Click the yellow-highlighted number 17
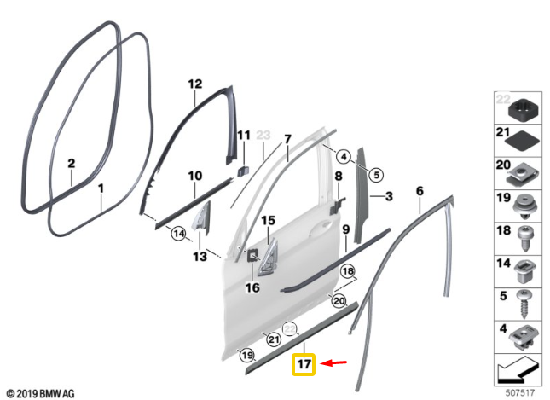pos(304,364)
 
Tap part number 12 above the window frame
pos(194,84)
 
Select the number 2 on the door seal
pos(72,162)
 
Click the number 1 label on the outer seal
pos(101,188)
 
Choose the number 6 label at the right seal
pos(420,192)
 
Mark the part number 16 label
pos(252,288)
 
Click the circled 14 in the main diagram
pos(178,232)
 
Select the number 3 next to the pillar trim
pos(388,197)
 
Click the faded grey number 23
pos(263,136)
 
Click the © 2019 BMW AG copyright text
pos(38,393)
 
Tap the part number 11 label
pos(244,136)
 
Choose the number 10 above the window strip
pos(194,176)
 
